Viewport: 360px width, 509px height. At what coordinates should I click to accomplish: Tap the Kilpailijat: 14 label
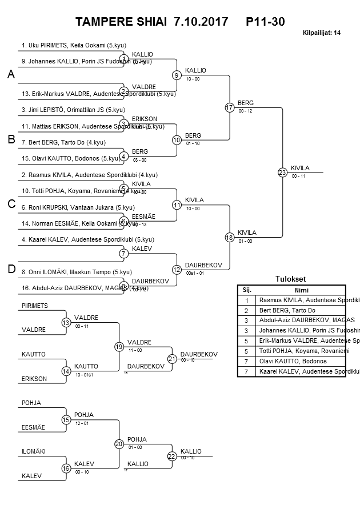pyautogui.click(x=322, y=33)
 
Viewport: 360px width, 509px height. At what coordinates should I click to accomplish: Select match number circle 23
pyautogui.click(x=282, y=172)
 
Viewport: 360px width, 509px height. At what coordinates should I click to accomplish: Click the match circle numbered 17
pyautogui.click(x=229, y=107)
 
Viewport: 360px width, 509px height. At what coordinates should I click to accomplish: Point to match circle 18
pyautogui.click(x=229, y=237)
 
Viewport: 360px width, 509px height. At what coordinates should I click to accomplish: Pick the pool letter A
pyautogui.click(x=10, y=75)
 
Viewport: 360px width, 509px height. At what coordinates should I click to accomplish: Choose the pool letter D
pyautogui.click(x=10, y=270)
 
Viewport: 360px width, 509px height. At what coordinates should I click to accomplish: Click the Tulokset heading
pyautogui.click(x=290, y=279)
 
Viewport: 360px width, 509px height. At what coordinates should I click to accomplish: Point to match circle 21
pyautogui.click(x=172, y=359)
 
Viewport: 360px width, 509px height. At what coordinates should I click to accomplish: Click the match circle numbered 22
pyautogui.click(x=172, y=456)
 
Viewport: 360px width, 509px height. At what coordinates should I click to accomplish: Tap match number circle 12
pyautogui.click(x=177, y=269)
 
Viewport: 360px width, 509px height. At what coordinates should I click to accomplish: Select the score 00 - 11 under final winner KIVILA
pyautogui.click(x=298, y=177)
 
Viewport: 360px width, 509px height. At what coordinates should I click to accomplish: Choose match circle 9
pyautogui.click(x=177, y=75)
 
